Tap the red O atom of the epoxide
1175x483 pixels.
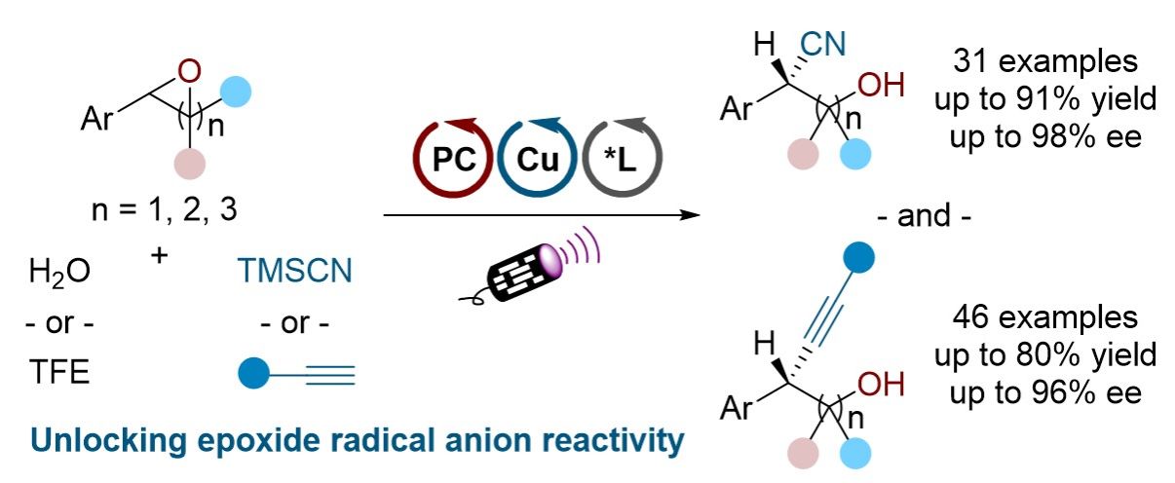click(192, 71)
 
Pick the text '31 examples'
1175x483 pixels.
click(1043, 63)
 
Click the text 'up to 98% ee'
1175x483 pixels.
click(1043, 130)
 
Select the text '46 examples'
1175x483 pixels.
click(1043, 319)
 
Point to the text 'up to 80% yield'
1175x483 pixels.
click(1043, 353)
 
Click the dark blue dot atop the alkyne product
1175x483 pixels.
click(858, 257)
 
